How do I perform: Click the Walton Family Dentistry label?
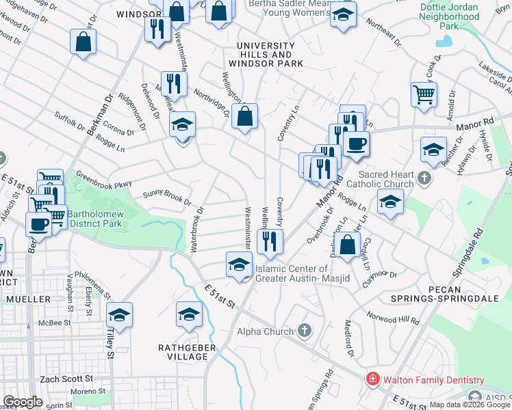click(433, 380)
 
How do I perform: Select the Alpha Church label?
click(264, 331)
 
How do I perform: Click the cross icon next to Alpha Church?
click(305, 331)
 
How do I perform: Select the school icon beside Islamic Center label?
click(238, 264)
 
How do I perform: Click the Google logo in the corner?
click(23, 402)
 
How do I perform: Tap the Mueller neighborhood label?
click(27, 299)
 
